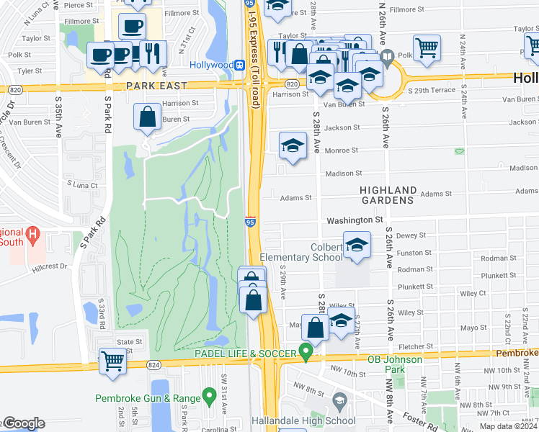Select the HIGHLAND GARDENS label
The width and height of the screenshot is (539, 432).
click(x=388, y=194)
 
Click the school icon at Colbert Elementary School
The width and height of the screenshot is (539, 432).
click(x=357, y=246)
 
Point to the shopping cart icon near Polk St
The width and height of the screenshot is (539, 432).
click(x=427, y=48)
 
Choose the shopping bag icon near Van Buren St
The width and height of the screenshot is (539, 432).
click(x=148, y=118)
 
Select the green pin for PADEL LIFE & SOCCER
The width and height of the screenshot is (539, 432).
click(x=306, y=353)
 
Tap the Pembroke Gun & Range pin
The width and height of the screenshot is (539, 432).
click(x=209, y=395)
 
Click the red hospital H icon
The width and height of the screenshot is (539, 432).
click(x=32, y=235)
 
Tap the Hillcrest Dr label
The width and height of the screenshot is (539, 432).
click(x=49, y=266)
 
